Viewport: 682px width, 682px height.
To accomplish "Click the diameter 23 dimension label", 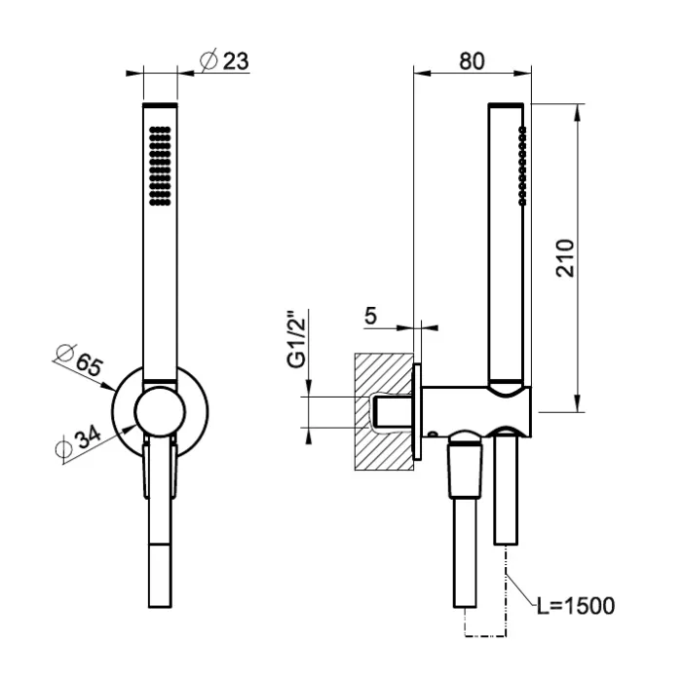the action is click(224, 60).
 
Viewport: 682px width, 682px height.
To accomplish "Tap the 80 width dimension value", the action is click(472, 61).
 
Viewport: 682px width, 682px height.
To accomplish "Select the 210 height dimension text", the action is click(565, 258).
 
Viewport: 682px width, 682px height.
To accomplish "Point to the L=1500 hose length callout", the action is click(576, 605).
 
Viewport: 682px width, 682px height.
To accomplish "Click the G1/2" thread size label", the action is click(297, 339).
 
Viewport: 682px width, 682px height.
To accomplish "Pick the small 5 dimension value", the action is click(370, 316).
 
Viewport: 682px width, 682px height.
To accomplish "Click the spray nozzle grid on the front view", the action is click(160, 166).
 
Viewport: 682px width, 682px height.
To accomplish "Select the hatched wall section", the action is click(383, 411).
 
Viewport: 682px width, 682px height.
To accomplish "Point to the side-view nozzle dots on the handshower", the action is click(522, 166).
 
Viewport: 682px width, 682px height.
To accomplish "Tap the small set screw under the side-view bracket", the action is click(433, 435).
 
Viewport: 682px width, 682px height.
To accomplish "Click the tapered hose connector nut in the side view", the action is click(466, 470).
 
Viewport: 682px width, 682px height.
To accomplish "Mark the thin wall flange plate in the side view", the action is click(417, 412).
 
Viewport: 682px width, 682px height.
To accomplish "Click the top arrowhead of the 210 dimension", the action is click(577, 112).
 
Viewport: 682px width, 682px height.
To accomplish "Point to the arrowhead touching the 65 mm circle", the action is click(107, 386).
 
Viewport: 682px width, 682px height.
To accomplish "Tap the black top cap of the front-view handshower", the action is click(160, 105).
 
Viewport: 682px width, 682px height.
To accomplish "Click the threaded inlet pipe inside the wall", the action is click(394, 412).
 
